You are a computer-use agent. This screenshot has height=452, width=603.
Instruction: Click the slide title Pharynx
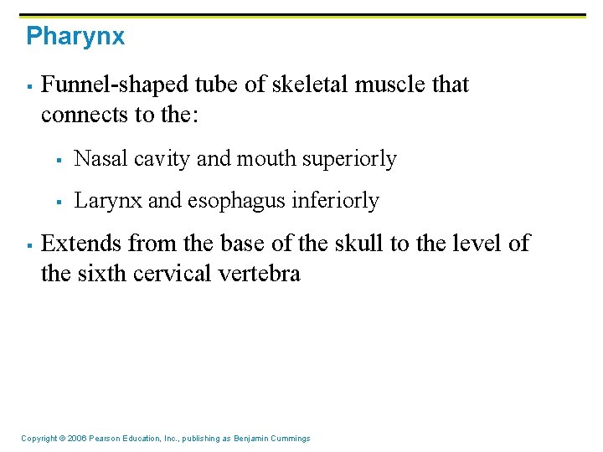[75, 37]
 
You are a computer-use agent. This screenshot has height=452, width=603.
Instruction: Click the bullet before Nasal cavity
[61, 159]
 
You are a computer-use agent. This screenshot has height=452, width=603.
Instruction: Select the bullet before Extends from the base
[28, 244]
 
